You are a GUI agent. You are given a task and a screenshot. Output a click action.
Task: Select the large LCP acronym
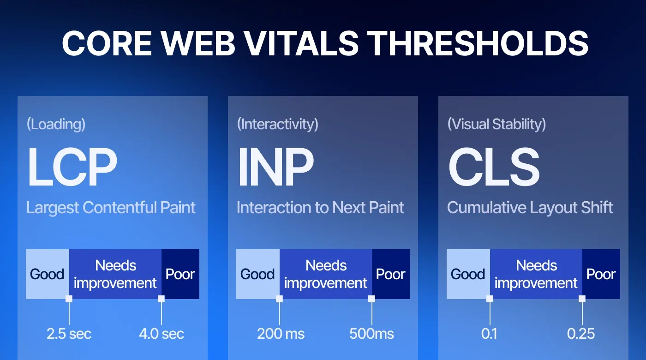point(72,167)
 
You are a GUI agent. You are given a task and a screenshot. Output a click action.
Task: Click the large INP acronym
point(275,167)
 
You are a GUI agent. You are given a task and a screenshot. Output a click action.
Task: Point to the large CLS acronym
point(494,167)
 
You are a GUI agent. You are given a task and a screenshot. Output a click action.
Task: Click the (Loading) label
point(56,124)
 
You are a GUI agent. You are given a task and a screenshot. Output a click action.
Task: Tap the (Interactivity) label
point(277,124)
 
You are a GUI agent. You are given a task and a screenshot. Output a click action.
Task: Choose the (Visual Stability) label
point(496,124)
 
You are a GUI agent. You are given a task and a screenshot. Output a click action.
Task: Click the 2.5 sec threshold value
point(69,334)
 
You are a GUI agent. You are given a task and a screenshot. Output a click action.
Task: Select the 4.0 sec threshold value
point(161,334)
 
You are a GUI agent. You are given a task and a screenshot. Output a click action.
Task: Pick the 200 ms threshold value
point(281,334)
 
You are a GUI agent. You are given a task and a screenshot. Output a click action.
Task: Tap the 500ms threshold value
point(372,334)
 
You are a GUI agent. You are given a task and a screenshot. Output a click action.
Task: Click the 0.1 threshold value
point(490,334)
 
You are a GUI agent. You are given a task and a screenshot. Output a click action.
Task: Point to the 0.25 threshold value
point(581,334)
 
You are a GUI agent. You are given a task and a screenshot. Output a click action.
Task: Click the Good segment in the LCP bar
point(47,274)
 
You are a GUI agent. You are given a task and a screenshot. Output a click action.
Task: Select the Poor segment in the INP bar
point(390,274)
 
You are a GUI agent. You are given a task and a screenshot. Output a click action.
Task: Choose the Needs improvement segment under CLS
point(536,274)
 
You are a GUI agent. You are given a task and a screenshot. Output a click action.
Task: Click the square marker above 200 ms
point(279,299)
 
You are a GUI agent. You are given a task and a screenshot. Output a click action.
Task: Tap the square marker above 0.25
point(582,299)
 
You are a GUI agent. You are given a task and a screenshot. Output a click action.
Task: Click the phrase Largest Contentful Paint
point(111,208)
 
